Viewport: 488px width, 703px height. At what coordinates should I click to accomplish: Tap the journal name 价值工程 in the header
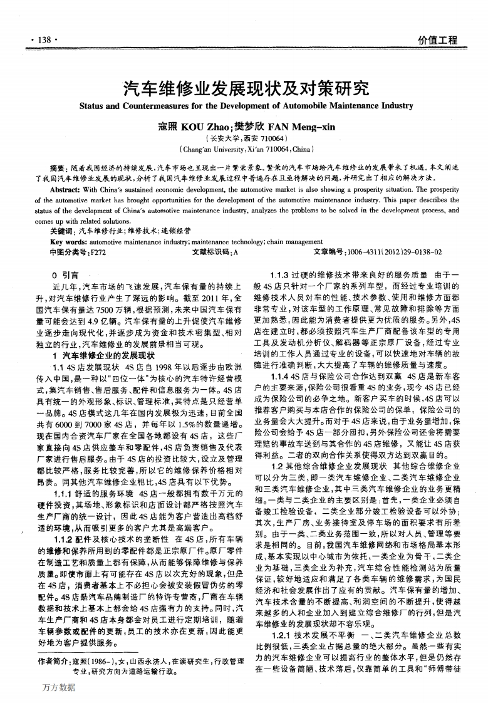[438, 40]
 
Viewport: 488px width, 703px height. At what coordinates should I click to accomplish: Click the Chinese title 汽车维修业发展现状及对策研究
[244, 87]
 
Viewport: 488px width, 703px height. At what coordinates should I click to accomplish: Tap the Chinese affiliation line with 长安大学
[244, 138]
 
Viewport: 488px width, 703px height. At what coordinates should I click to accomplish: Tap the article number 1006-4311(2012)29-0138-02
[385, 251]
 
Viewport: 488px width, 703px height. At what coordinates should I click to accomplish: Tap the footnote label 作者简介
[53, 661]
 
